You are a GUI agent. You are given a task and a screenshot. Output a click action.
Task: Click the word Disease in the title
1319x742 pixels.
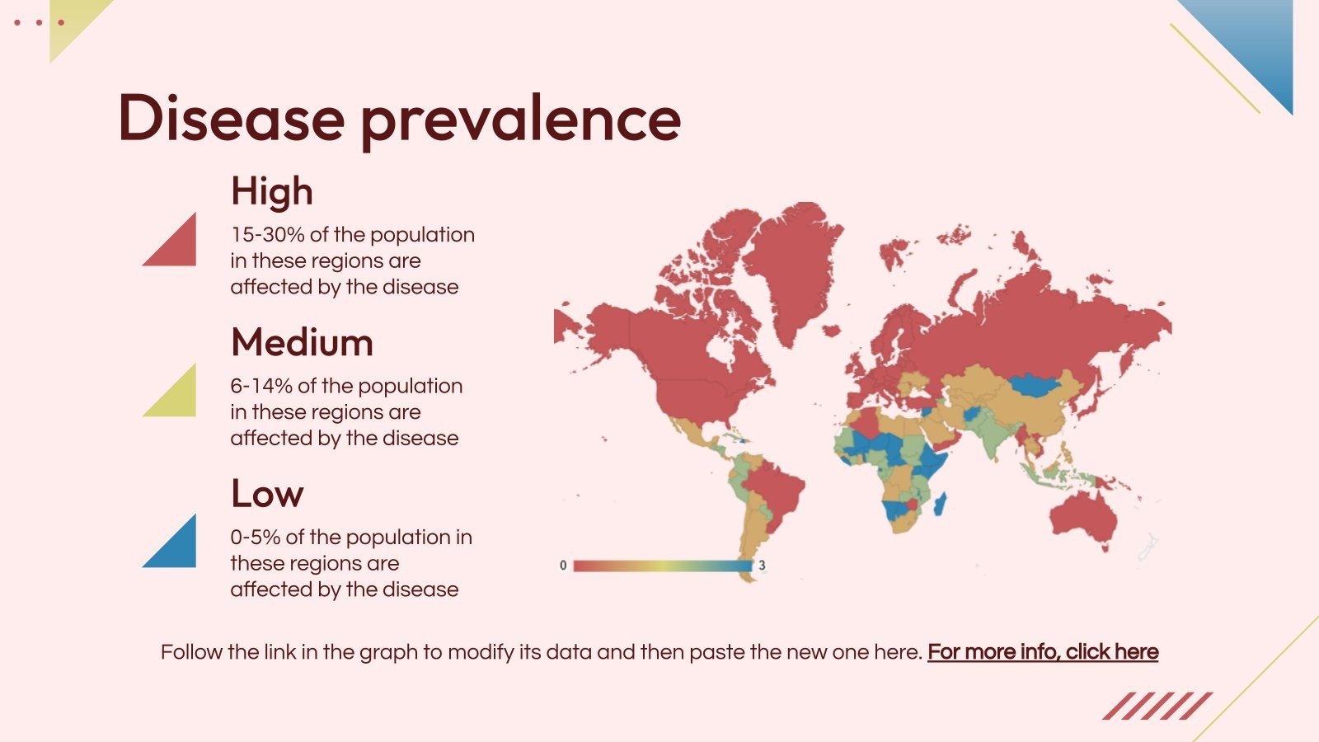tap(231, 118)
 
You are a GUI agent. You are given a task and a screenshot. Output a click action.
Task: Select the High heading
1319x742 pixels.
tap(272, 191)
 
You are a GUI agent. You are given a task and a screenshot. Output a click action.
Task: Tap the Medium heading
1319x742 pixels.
tap(302, 342)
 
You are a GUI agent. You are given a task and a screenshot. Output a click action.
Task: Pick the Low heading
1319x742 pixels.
tap(267, 494)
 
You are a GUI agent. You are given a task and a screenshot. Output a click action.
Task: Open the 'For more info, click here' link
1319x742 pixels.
tap(1043, 652)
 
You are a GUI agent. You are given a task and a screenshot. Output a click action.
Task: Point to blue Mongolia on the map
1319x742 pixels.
tap(1036, 384)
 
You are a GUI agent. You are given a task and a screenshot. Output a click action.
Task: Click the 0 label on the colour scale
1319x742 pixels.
tap(563, 566)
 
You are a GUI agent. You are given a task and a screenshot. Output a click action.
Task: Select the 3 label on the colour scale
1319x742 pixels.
tap(762, 566)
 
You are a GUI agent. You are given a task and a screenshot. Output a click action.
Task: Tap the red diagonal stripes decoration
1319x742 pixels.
tap(1157, 706)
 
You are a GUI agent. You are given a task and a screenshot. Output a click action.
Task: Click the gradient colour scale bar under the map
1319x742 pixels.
tap(662, 566)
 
